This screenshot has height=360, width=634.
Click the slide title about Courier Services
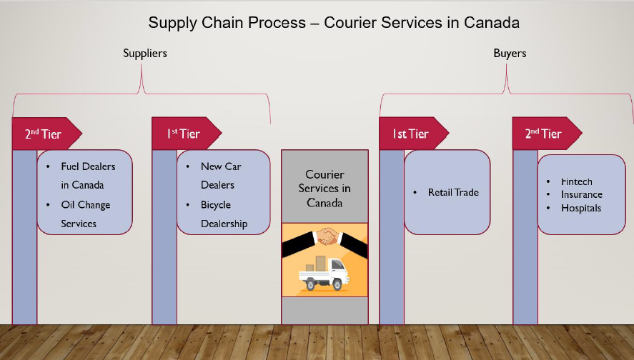[334, 23]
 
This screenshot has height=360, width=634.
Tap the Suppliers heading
[145, 54]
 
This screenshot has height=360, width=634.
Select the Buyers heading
[510, 54]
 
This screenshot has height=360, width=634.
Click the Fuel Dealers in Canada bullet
[87, 176]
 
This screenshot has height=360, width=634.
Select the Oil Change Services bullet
[85, 214]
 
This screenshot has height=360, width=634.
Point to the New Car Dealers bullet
[220, 176]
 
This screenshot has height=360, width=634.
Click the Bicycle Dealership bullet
[223, 214]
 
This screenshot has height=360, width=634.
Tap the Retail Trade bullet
[452, 192]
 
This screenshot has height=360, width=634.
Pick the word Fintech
[576, 182]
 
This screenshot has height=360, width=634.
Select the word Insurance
[581, 194]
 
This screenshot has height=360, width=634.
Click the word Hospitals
[580, 209]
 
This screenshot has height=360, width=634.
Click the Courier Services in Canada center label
[325, 189]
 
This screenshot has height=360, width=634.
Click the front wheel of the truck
[337, 285]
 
